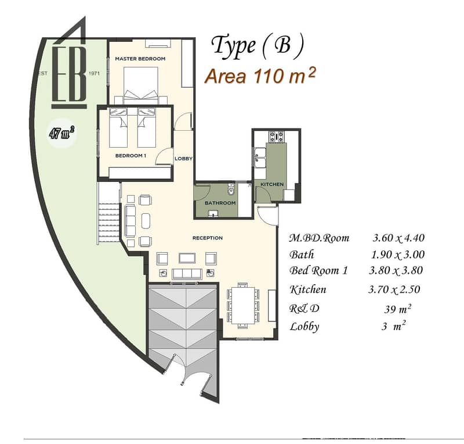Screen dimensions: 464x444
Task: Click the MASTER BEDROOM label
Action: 140,59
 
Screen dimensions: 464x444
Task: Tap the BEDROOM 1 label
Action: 130,155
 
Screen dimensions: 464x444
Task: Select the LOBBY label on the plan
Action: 183,159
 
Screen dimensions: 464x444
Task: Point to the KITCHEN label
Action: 272,184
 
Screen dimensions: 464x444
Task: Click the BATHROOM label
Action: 220,203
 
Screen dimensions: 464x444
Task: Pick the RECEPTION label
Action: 208,238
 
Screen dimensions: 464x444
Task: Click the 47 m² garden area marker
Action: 62,133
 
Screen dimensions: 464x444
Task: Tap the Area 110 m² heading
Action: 260,76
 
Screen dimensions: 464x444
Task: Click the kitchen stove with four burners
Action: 276,137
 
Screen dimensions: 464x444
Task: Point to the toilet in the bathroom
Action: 231,189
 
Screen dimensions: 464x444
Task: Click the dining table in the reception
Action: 243,305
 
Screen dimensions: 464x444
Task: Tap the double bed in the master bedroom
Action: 140,83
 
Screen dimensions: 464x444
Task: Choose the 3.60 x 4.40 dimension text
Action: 398,238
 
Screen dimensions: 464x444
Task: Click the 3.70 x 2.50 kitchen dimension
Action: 394,289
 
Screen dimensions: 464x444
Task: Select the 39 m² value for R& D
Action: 398,309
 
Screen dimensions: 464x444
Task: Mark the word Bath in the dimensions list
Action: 302,255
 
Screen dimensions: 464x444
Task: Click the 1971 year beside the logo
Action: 94,73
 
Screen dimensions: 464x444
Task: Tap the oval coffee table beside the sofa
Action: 146,221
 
